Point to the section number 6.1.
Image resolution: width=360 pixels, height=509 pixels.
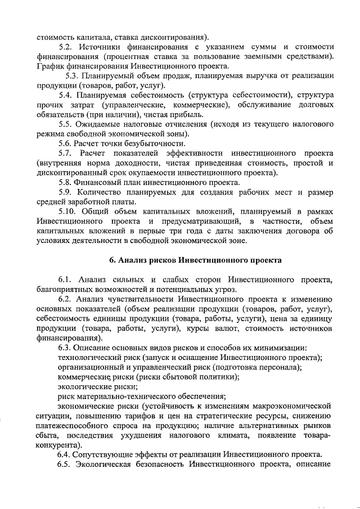pyautogui.click(x=66, y=280)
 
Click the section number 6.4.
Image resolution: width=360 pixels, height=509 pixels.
pyautogui.click(x=66, y=454)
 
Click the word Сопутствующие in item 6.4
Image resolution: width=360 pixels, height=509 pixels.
pyautogui.click(x=110, y=454)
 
